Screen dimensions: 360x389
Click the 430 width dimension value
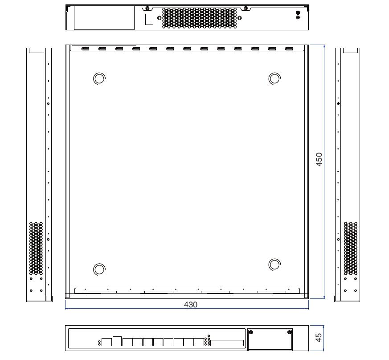click(191, 305)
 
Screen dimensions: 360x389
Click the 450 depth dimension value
click(319, 159)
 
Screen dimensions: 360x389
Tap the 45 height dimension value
click(319, 338)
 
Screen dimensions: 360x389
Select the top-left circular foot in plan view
click(99, 79)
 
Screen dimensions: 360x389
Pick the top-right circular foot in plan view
click(275, 79)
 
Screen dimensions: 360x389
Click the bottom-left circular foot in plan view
click(99, 269)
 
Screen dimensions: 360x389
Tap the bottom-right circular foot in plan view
click(275, 264)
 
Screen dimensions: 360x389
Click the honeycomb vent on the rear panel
click(199, 18)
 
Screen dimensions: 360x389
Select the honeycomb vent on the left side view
click(36, 248)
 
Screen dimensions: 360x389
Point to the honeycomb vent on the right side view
click(351, 248)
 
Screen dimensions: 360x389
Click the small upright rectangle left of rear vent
click(149, 19)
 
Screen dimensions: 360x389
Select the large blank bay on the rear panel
click(104, 18)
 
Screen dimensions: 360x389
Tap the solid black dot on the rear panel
click(298, 13)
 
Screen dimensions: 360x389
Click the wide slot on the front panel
click(227, 343)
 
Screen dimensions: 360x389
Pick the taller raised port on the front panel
click(117, 340)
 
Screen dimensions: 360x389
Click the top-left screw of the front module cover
click(251, 332)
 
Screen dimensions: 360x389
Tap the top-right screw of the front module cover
click(290, 332)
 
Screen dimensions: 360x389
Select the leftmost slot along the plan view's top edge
click(85, 49)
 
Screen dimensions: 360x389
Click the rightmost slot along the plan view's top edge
click(289, 49)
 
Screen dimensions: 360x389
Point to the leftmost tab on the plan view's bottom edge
click(102, 292)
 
